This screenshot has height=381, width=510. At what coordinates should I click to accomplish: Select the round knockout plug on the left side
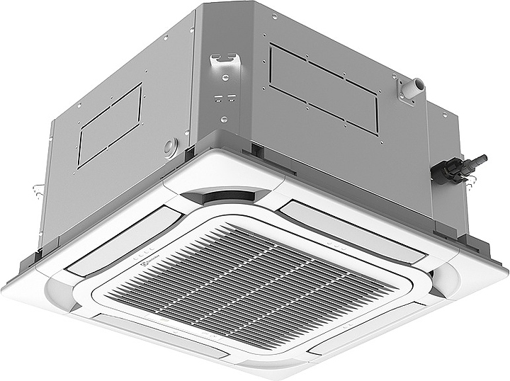click(169, 147)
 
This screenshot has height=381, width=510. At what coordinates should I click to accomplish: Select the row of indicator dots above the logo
click(142, 252)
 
